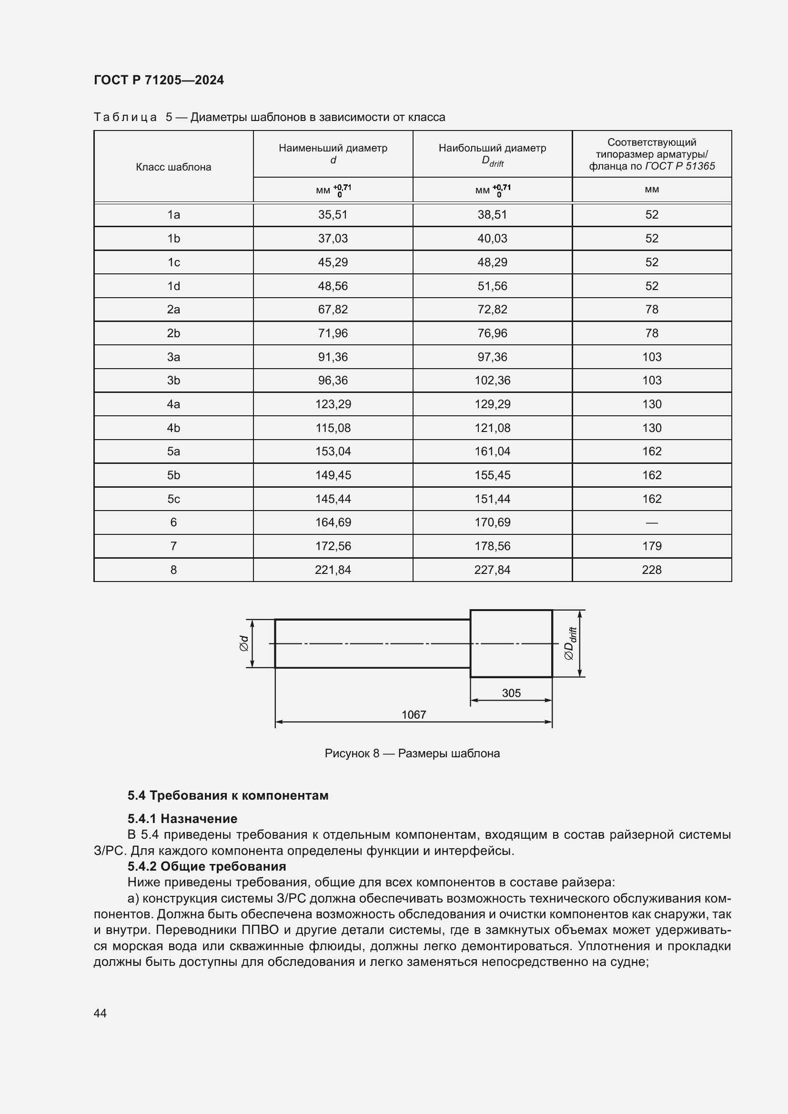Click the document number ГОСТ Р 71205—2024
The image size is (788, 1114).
pyautogui.click(x=159, y=80)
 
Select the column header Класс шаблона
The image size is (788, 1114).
pyautogui.click(x=173, y=167)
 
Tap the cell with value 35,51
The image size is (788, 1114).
pyautogui.click(x=333, y=214)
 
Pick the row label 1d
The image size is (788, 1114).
pyautogui.click(x=173, y=286)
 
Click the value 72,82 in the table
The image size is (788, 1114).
pyautogui.click(x=492, y=309)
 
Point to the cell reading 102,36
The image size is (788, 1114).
pyautogui.click(x=492, y=381)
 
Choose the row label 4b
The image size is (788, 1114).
pyautogui.click(x=173, y=428)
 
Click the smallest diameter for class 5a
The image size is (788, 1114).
pyautogui.click(x=333, y=451)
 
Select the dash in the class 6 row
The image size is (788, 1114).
pyautogui.click(x=652, y=522)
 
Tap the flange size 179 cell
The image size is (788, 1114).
pyautogui.click(x=652, y=546)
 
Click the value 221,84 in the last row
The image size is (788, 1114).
pyautogui.click(x=333, y=570)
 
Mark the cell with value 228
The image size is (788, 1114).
pyautogui.click(x=652, y=570)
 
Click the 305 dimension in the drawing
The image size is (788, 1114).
pyautogui.click(x=511, y=693)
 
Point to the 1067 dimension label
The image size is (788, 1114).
pyautogui.click(x=414, y=715)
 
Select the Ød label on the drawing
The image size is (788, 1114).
pyautogui.click(x=244, y=643)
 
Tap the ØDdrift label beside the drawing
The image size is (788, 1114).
pyautogui.click(x=570, y=643)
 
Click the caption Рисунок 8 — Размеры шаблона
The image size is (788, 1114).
pyautogui.click(x=412, y=753)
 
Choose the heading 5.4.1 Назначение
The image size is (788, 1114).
pyautogui.click(x=182, y=819)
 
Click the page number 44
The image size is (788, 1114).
pyautogui.click(x=100, y=1013)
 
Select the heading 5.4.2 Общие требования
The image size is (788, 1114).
pyautogui.click(x=207, y=866)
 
